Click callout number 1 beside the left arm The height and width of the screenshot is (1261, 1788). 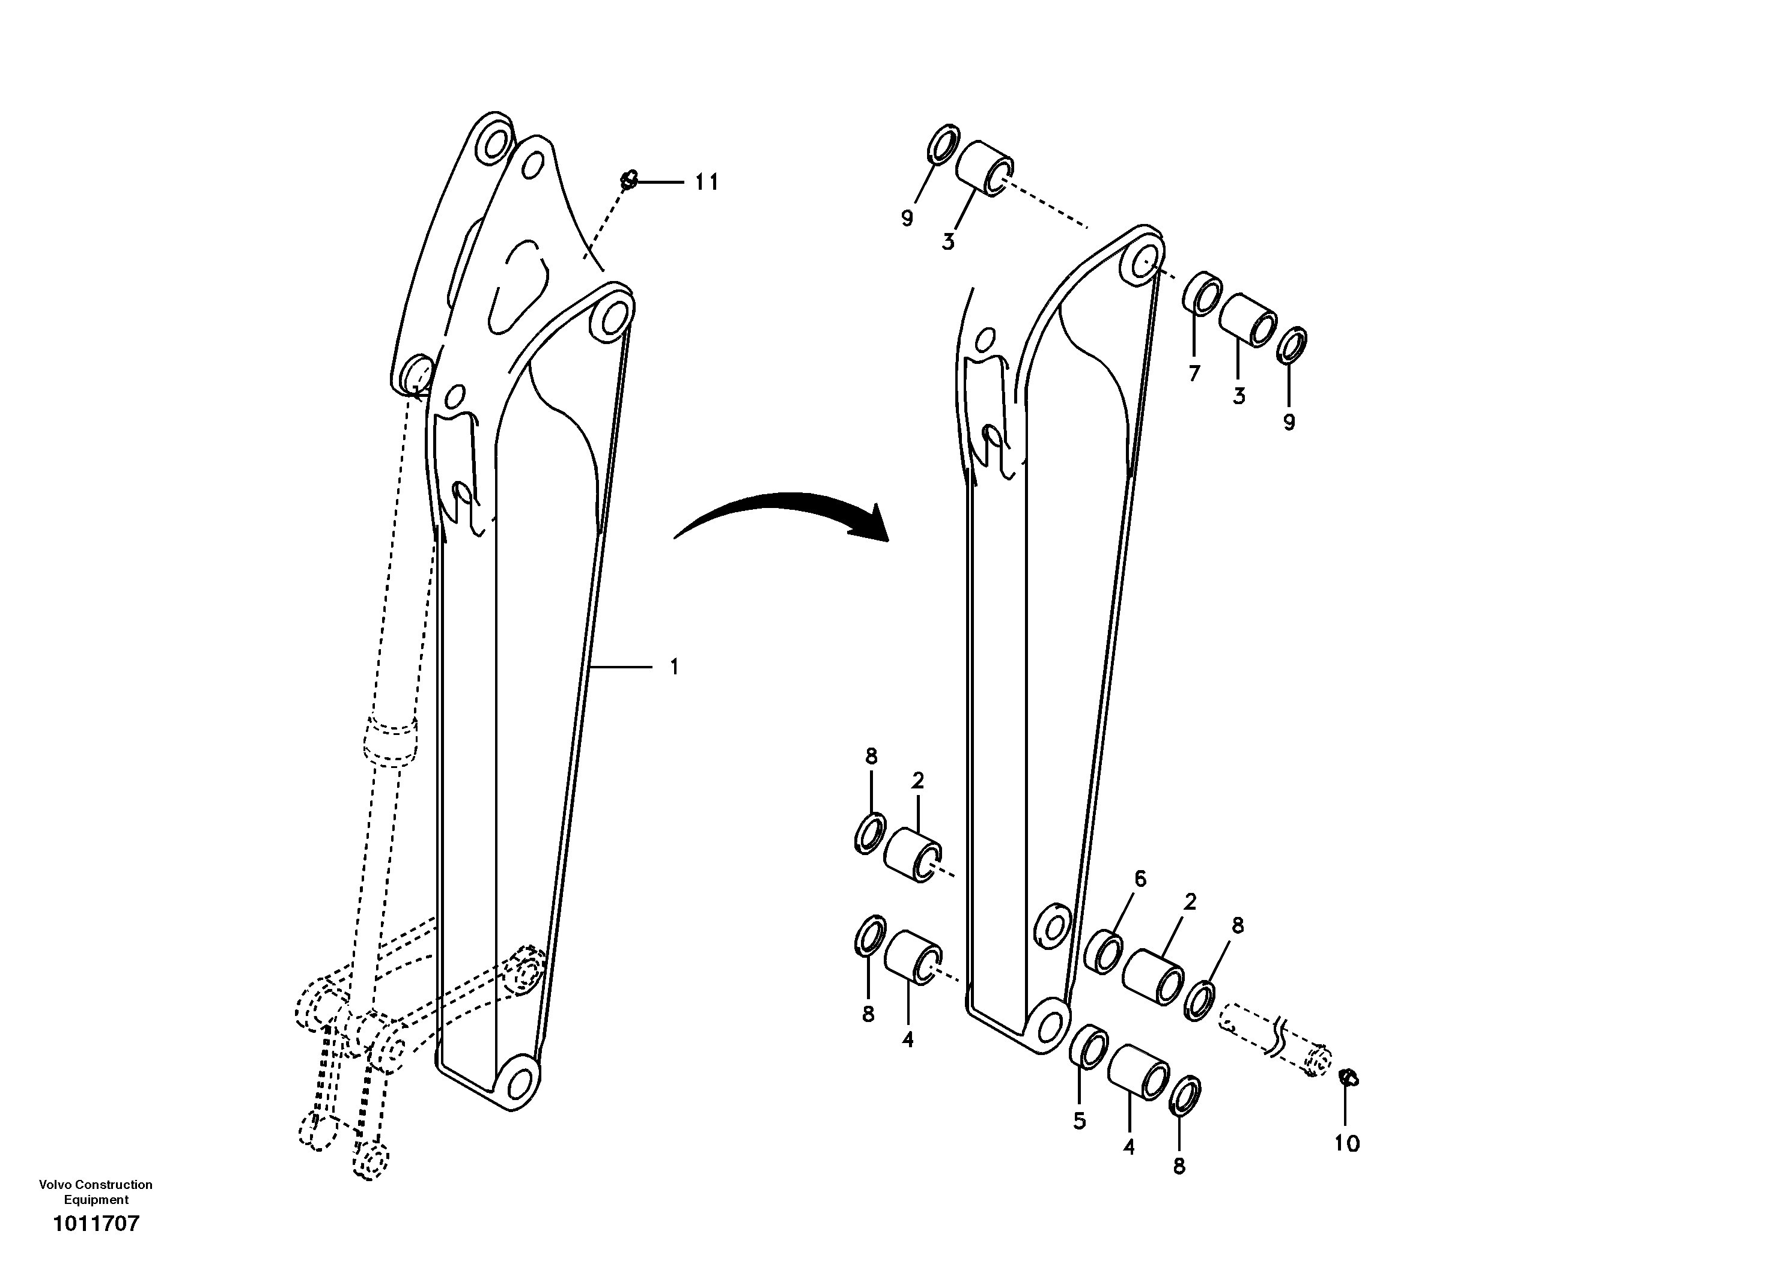click(674, 667)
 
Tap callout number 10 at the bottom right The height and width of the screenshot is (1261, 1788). click(1346, 1143)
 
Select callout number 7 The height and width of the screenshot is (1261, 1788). click(1194, 373)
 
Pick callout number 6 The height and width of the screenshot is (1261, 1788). click(1140, 879)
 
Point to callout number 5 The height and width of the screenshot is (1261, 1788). click(1078, 1121)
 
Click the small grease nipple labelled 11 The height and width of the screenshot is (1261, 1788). click(629, 181)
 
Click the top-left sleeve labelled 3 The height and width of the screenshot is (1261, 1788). click(984, 168)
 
